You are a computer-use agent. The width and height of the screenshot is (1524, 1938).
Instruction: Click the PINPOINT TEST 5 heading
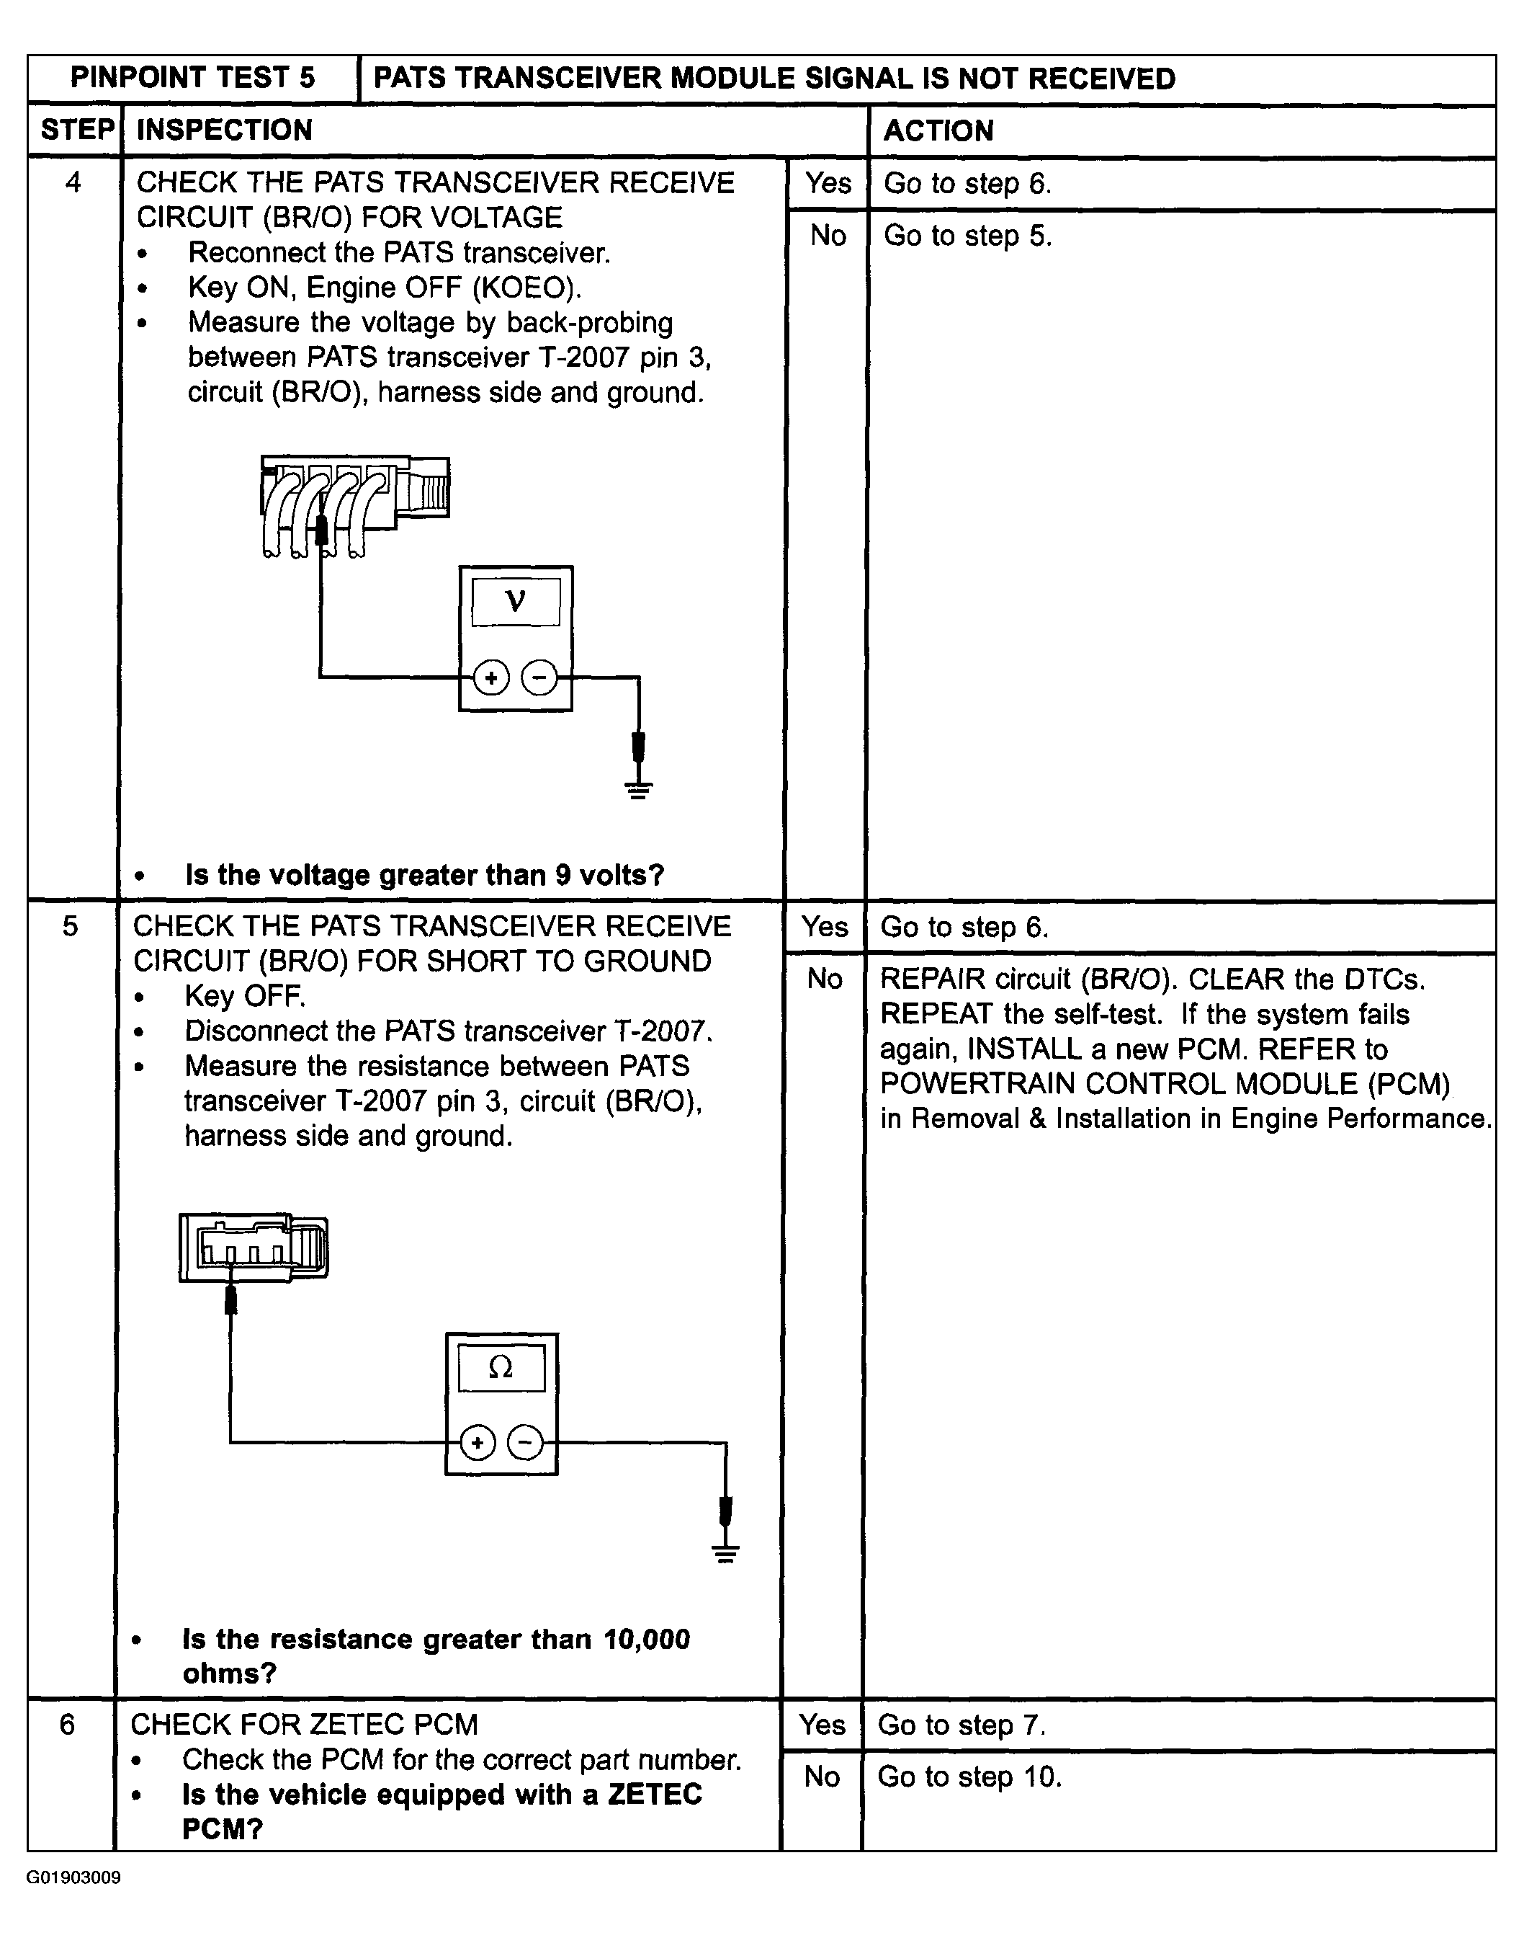click(x=193, y=79)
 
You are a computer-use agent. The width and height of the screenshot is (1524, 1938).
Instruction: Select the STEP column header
click(x=77, y=130)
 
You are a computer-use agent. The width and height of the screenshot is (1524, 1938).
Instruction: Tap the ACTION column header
click(x=938, y=131)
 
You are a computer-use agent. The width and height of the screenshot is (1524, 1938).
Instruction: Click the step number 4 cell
click(x=73, y=183)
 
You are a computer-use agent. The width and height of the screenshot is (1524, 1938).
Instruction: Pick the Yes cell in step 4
click(x=828, y=184)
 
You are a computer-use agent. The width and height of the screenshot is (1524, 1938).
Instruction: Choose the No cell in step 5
click(x=825, y=979)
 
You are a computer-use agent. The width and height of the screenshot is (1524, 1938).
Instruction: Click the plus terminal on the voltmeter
click(x=490, y=677)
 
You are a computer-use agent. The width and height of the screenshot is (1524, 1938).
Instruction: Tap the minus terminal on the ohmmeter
click(x=524, y=1443)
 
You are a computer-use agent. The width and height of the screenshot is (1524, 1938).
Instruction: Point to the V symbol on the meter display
click(x=516, y=602)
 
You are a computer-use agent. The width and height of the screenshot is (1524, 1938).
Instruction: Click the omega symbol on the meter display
click(x=501, y=1369)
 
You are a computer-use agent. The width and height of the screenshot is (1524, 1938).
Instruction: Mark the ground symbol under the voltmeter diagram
click(x=638, y=789)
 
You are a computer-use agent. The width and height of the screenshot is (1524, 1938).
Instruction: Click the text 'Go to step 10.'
click(x=969, y=1777)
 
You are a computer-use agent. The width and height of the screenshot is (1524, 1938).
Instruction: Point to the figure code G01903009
click(x=74, y=1877)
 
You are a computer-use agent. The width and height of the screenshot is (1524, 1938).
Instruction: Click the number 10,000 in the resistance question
click(x=646, y=1640)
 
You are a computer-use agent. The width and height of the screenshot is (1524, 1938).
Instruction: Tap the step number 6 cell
click(x=68, y=1725)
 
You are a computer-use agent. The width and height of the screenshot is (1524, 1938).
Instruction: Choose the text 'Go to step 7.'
click(x=961, y=1725)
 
